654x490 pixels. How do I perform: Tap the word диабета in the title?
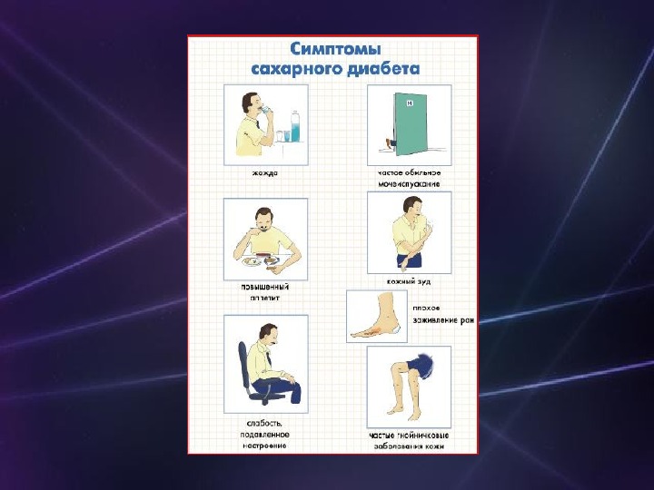(383, 68)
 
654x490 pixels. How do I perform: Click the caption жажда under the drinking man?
(265, 171)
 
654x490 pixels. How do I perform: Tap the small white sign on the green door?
(410, 103)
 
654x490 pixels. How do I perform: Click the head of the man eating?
(261, 218)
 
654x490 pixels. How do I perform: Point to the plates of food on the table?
(258, 260)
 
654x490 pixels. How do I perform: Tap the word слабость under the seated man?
(263, 425)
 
